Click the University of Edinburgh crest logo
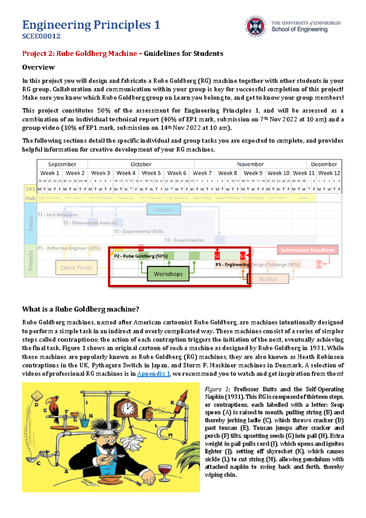256,26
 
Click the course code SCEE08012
41,36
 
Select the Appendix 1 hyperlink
153,374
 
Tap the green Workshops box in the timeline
168,274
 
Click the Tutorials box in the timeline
164,210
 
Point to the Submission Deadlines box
307,250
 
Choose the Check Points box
76,268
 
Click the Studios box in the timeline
268,279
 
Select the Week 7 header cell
202,173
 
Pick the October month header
141,164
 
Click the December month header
324,164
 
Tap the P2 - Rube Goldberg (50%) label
141,256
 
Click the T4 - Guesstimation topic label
184,240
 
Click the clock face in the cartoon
127,407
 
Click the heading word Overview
38,67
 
